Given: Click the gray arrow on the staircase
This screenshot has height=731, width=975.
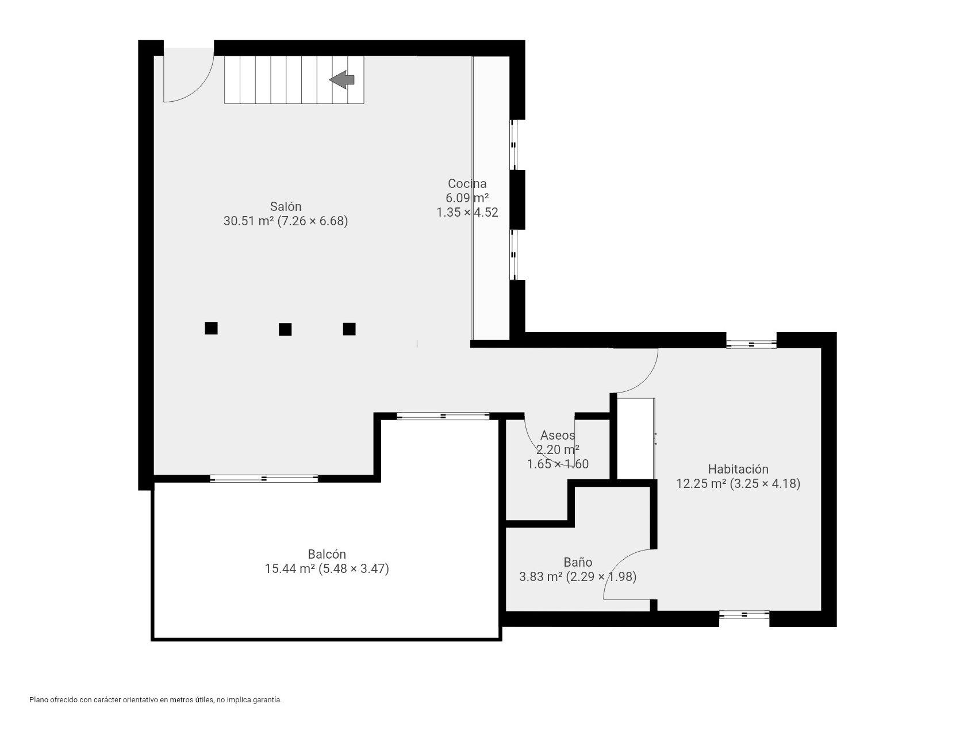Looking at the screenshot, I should pyautogui.click(x=343, y=79).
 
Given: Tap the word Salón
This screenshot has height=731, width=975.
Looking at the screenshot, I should pyautogui.click(x=286, y=206).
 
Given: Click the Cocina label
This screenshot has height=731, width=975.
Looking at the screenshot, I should pyautogui.click(x=467, y=183).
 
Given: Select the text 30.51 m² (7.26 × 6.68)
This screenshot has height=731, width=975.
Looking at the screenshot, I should pyautogui.click(x=286, y=221).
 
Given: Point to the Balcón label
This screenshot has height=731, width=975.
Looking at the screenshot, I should pyautogui.click(x=327, y=554).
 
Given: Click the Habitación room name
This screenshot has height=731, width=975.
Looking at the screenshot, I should pyautogui.click(x=738, y=469).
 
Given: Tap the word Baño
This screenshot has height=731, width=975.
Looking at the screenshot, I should pyautogui.click(x=578, y=562).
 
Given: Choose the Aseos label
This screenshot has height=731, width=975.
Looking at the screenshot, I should pyautogui.click(x=557, y=435).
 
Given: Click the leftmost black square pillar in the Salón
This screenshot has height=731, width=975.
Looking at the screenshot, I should pyautogui.click(x=211, y=328).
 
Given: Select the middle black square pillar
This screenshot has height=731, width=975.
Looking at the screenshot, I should pyautogui.click(x=285, y=329).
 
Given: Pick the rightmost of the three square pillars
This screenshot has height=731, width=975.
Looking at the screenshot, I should pyautogui.click(x=349, y=329).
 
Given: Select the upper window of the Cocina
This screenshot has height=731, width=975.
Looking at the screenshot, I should pyautogui.click(x=515, y=144).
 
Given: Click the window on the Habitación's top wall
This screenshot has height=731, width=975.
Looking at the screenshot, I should pyautogui.click(x=751, y=344).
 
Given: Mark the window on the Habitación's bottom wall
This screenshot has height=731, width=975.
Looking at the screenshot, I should pyautogui.click(x=744, y=614).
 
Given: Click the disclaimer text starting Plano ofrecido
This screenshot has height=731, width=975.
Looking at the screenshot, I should pyautogui.click(x=155, y=700).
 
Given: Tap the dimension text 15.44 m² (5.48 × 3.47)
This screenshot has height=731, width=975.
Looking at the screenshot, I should pyautogui.click(x=327, y=569).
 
